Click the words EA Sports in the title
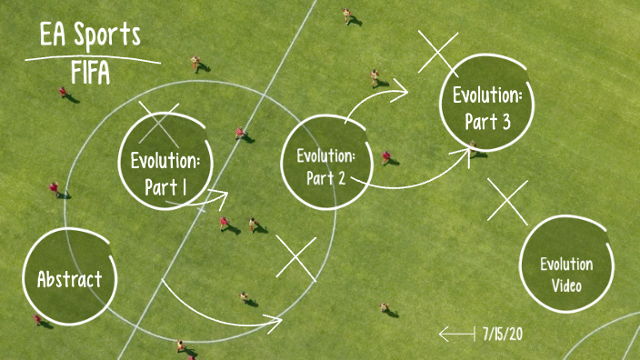90,36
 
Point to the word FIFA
90,73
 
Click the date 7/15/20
503,333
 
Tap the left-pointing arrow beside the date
456,334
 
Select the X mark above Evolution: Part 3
438,51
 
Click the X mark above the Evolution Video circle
507,200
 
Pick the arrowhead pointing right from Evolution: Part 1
218,194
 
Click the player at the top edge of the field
346,15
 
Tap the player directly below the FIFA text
64,93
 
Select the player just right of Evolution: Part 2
386,157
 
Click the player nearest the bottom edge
182,346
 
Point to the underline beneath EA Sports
91,58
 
